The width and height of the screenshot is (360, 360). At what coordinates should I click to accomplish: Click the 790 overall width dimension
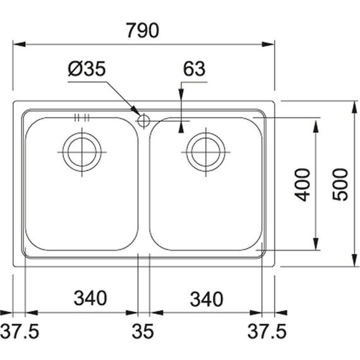pos(143,30)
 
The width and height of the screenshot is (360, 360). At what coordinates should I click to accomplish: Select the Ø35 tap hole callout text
pos(87,68)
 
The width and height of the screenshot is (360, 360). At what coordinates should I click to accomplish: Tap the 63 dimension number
pos(195,68)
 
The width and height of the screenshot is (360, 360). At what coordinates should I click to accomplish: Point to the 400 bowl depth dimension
pos(302,185)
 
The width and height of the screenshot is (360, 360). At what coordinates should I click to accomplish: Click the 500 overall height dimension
pos(340,184)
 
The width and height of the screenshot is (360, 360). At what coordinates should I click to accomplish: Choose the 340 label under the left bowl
pos(90,298)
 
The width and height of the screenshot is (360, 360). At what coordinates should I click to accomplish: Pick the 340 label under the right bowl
pos(207,299)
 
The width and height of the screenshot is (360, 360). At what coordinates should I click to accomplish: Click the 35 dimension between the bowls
pos(143,332)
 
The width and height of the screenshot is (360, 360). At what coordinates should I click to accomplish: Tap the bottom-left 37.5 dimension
pos(20,332)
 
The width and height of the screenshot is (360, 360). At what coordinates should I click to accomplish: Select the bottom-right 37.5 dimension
pos(267,332)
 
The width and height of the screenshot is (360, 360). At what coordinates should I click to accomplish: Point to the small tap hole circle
pos(144,114)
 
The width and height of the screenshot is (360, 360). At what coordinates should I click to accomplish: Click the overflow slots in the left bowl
pos(82,117)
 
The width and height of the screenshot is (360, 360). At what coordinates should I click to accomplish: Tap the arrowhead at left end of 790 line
pos(20,44)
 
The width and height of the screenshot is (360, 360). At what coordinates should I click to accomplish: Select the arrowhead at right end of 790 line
pos(268,44)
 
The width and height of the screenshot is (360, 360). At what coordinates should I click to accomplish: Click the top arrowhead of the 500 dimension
pos(355,107)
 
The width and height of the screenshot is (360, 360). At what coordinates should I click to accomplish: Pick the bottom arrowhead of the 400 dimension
pos(316,244)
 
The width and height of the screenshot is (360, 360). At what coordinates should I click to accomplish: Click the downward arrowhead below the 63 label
pos(182,94)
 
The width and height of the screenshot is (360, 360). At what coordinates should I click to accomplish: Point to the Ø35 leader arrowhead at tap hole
pos(135,111)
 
